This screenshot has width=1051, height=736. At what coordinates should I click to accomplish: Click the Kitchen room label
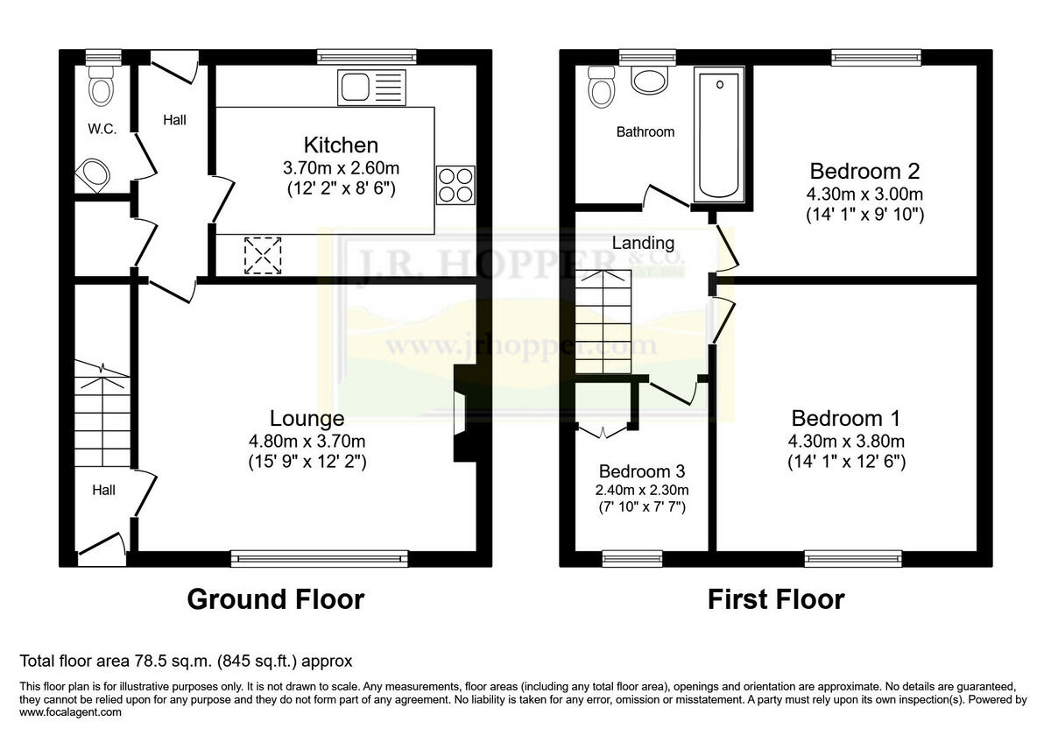pyautogui.click(x=341, y=145)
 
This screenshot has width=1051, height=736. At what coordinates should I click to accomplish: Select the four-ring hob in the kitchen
pyautogui.click(x=455, y=185)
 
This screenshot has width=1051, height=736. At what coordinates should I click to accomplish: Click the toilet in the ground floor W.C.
pyautogui.click(x=102, y=84)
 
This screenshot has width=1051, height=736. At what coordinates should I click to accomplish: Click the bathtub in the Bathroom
pyautogui.click(x=718, y=135)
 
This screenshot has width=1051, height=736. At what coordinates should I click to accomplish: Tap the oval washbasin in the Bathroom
pyautogui.click(x=649, y=81)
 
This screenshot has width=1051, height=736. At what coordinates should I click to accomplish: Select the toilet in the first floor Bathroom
pyautogui.click(x=602, y=86)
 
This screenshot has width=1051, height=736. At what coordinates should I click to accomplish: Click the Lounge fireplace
pyautogui.click(x=461, y=413)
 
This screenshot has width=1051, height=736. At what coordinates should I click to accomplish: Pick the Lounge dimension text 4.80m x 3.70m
pyautogui.click(x=307, y=441)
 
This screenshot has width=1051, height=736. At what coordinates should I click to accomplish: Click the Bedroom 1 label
pyautogui.click(x=845, y=419)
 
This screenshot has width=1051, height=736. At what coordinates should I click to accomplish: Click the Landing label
pyautogui.click(x=643, y=243)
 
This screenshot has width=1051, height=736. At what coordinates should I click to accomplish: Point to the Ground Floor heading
pyautogui.click(x=275, y=599)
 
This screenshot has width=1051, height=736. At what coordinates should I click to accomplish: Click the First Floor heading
pyautogui.click(x=775, y=599)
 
